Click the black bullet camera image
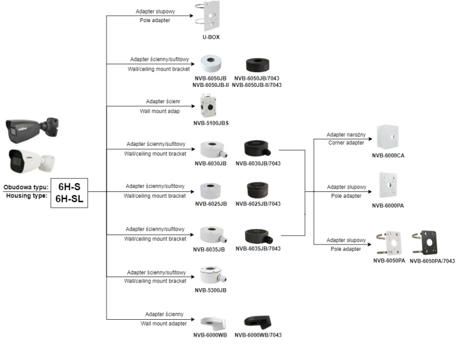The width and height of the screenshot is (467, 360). coord(33,128)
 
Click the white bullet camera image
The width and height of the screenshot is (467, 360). coord(32,160)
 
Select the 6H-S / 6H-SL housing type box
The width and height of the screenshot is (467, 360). coord(69,192)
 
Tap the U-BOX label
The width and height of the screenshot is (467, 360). coord(211,37)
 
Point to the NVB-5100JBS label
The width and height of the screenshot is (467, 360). coord(211,124)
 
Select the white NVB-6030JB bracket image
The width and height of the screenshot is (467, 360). coord(212,150)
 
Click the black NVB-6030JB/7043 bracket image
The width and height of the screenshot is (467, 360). coord(258,148)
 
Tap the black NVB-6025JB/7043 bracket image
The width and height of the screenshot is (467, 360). coord(257,190)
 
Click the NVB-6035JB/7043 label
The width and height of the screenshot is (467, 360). coord(258,249)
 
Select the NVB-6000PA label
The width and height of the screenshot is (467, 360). coord(389,205)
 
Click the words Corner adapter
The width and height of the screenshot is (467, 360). coord(346,143)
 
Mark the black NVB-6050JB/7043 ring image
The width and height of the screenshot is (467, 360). coord(258,64)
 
